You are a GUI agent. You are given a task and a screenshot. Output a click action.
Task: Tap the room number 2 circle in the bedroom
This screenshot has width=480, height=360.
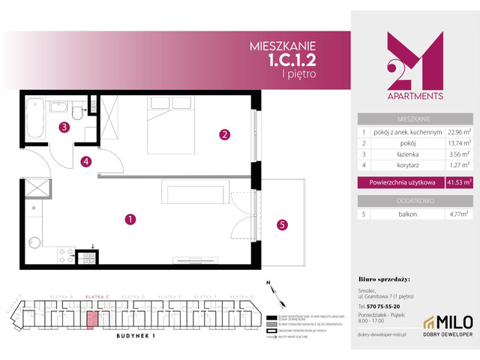223,135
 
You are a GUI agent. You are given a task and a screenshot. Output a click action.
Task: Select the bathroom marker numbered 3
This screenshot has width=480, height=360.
65,127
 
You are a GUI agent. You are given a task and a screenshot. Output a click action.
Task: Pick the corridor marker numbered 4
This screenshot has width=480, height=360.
87,160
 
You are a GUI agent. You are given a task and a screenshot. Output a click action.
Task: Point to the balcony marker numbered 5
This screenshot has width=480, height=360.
281,224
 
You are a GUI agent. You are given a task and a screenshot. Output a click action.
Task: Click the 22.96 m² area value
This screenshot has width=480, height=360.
460,130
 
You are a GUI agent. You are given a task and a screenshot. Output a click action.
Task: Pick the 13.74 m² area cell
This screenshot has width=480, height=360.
460,142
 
